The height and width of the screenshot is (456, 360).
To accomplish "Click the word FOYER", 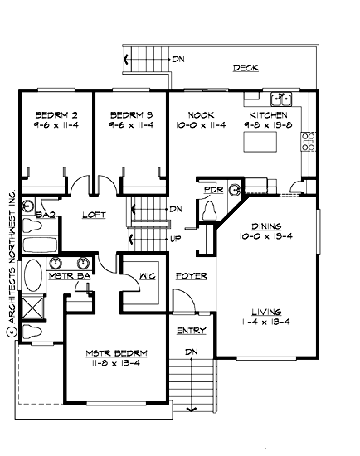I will (x=192, y=275).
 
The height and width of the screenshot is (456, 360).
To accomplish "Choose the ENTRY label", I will (x=192, y=331).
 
